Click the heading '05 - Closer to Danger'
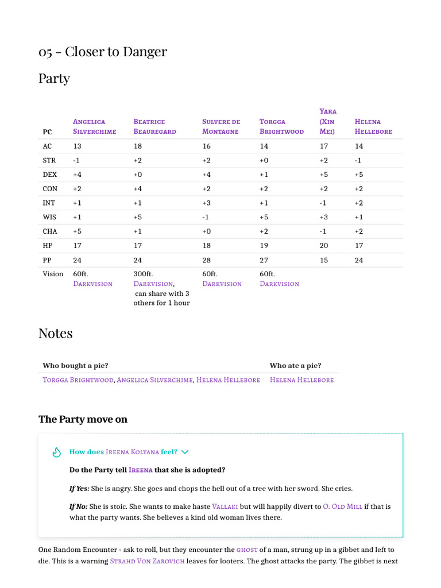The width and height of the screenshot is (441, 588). point(103,52)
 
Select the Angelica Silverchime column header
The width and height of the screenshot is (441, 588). point(94,126)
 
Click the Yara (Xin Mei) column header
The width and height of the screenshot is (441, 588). point(328,121)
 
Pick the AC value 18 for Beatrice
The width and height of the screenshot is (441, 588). point(138,146)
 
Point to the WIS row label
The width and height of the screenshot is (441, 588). point(50,217)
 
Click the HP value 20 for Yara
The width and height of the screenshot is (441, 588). point(324,245)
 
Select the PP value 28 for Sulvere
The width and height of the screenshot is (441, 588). point(207,260)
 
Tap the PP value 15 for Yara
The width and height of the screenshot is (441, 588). point(324,260)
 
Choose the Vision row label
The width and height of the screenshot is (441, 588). point(53,274)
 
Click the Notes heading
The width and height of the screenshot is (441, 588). point(55,333)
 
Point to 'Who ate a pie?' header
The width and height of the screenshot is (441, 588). point(295,366)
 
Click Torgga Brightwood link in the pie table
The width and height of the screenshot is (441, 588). point(78,380)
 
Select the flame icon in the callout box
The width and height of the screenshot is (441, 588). point(56,452)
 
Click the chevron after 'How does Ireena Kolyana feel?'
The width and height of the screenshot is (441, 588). point(185,452)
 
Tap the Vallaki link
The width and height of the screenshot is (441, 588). point(225,506)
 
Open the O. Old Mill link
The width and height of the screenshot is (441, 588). point(342,506)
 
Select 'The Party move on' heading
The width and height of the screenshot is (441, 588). point(83,419)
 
